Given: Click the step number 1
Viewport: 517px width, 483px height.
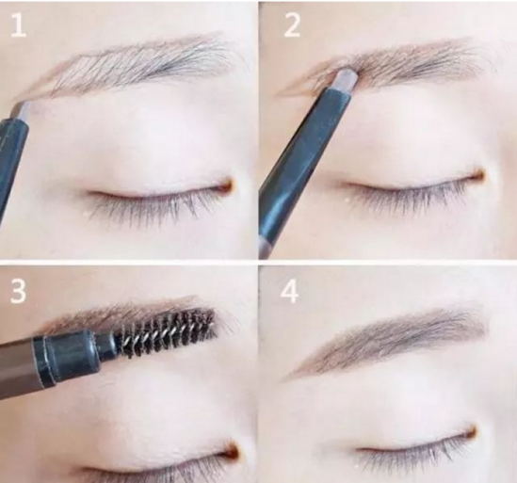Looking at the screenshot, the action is point(18,25).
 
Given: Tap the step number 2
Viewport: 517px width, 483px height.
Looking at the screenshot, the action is point(292,25).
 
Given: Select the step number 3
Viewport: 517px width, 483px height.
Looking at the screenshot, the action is point(18,291).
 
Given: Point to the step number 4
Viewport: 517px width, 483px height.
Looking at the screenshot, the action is point(290,291).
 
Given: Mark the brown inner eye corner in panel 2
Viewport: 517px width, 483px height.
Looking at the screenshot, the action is point(478,175).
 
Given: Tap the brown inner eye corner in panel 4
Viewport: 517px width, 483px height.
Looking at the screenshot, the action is point(471,431).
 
